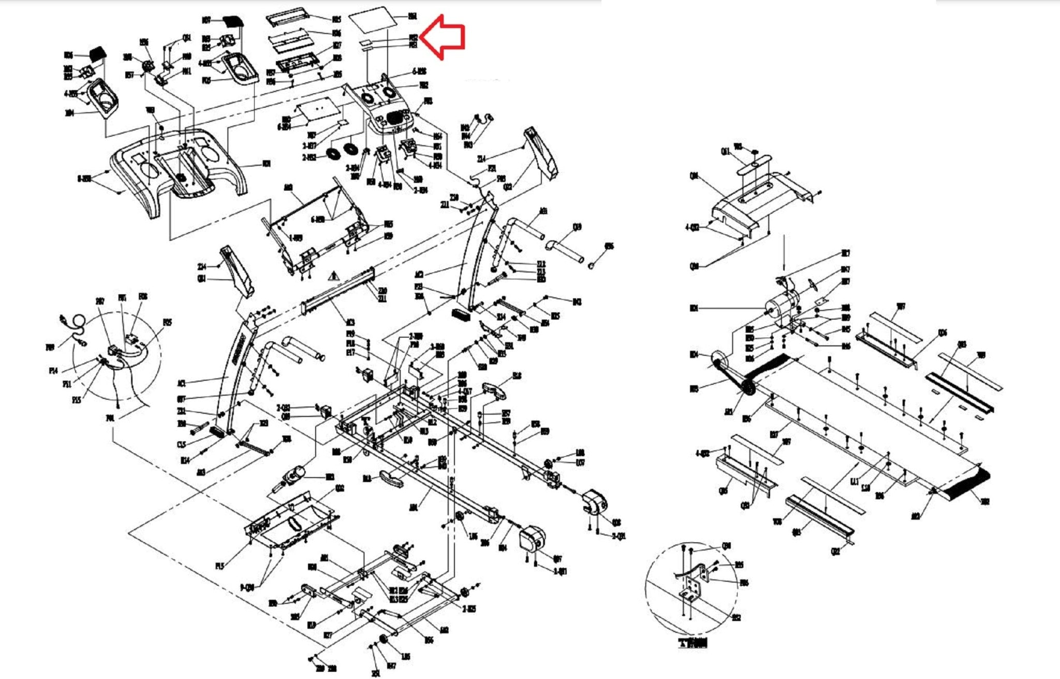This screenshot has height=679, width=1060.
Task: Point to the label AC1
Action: pos(181,383)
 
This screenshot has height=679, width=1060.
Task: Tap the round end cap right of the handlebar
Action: pos(590,265)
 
